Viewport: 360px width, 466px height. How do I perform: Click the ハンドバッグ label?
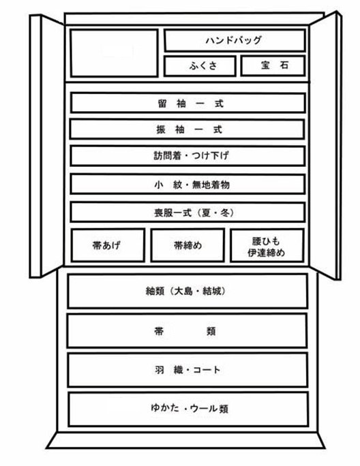(234, 40)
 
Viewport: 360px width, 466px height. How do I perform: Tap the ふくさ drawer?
(200, 65)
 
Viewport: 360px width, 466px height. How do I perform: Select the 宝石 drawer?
(273, 65)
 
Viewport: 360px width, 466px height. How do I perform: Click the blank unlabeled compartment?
(115, 53)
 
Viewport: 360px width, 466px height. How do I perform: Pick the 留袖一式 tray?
(187, 103)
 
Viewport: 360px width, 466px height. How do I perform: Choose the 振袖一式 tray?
(187, 129)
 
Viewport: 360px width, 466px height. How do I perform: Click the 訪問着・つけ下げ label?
(191, 155)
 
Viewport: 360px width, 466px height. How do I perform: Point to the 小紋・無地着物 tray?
(187, 185)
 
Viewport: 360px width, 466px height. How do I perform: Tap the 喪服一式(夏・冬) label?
(194, 213)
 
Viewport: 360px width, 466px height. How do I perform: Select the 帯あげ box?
(108, 245)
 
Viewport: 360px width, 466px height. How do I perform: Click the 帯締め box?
(187, 245)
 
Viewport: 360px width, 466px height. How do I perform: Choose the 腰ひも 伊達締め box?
(267, 245)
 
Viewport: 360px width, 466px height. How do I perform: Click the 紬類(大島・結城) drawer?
(187, 291)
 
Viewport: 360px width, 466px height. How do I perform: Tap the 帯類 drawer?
(187, 330)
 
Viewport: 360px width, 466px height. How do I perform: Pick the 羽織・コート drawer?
(187, 370)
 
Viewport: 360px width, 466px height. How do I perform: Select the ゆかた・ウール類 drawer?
(188, 409)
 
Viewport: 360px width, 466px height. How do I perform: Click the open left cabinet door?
(46, 146)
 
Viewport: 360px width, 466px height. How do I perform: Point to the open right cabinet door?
(325, 146)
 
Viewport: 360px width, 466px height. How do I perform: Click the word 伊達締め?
(267, 253)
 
